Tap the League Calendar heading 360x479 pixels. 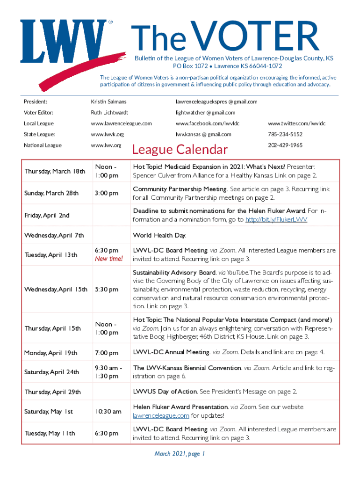(x=180, y=149)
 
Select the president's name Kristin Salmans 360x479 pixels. (x=108, y=102)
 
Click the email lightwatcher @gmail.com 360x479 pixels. (x=205, y=112)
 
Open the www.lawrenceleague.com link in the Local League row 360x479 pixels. (x=121, y=123)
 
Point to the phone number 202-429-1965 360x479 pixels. (x=285, y=145)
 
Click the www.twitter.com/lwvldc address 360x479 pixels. (x=296, y=123)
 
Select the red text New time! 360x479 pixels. (x=108, y=259)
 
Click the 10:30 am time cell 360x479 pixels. (x=108, y=412)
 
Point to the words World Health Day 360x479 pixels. (x=159, y=235)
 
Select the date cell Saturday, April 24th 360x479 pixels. (x=53, y=372)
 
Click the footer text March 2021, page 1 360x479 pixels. (x=180, y=453)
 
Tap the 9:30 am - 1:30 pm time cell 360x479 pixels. (x=108, y=372)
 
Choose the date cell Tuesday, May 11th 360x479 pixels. (x=49, y=434)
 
